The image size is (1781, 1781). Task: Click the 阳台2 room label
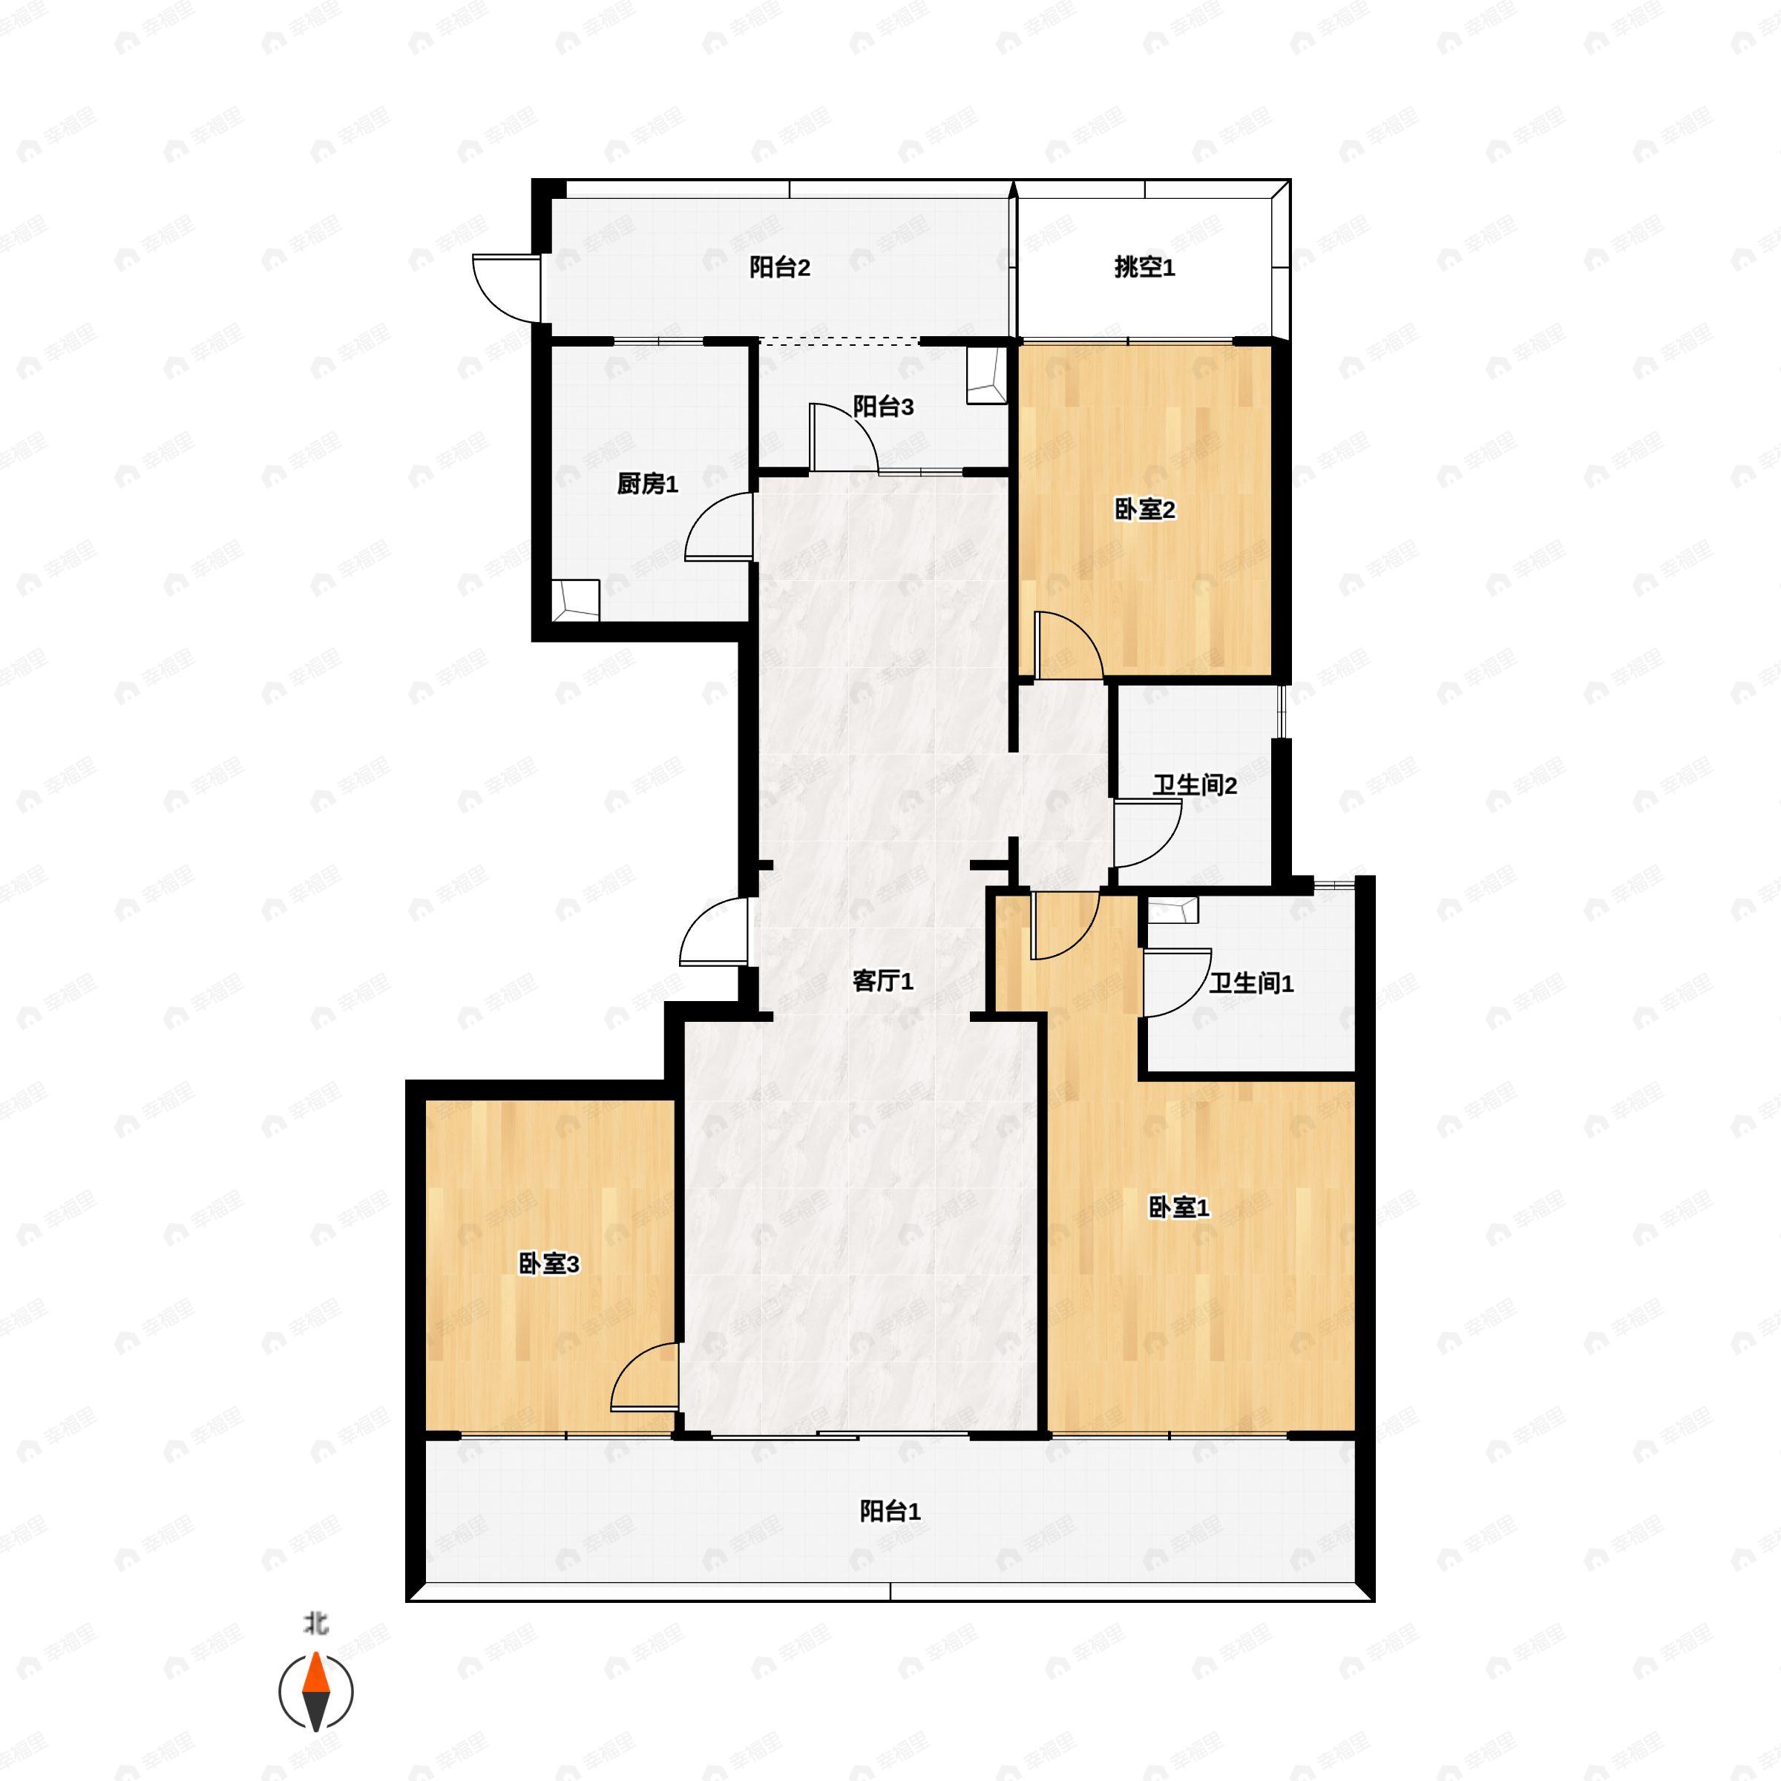click(x=779, y=268)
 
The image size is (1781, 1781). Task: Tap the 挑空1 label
click(x=1144, y=268)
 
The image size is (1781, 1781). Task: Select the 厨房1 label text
click(x=647, y=484)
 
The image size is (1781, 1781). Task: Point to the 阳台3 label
click(x=882, y=407)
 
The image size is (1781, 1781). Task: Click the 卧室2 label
click(x=1144, y=510)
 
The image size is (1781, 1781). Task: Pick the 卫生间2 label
click(x=1194, y=785)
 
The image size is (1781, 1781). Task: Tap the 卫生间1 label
click(x=1251, y=983)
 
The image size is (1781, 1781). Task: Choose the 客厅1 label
click(x=882, y=981)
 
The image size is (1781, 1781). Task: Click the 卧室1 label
click(x=1178, y=1207)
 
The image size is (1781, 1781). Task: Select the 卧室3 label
click(x=548, y=1264)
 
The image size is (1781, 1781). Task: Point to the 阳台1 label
click(x=890, y=1512)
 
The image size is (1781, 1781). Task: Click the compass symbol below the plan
click(x=316, y=1693)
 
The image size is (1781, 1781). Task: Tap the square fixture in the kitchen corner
click(x=575, y=600)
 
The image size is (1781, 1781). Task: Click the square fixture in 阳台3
click(x=986, y=375)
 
